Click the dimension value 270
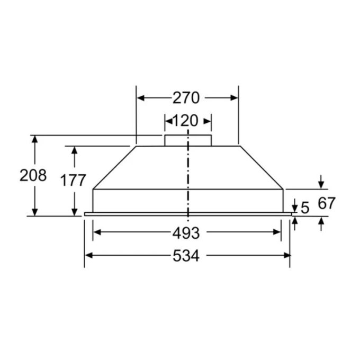click(x=186, y=97)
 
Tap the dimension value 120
click(x=185, y=121)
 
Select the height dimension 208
click(x=33, y=175)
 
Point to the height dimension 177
click(x=73, y=181)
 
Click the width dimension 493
click(x=186, y=232)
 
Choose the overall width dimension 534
click(x=186, y=256)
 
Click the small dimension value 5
click(x=304, y=208)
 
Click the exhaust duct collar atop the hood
click(x=188, y=140)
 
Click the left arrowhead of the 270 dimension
click(x=141, y=97)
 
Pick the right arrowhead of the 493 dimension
click(x=277, y=232)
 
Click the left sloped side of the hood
click(x=114, y=167)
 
